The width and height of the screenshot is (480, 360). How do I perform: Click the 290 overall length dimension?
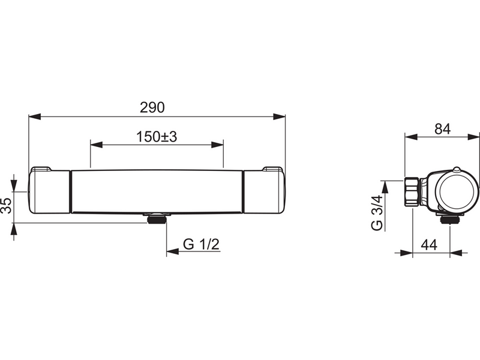[152, 107]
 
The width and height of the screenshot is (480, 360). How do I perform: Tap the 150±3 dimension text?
[157, 137]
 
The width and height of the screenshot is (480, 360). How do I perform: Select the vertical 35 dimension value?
[6, 205]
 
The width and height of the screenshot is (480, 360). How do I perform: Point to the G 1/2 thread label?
[202, 244]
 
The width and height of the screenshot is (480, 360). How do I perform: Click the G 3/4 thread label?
[377, 212]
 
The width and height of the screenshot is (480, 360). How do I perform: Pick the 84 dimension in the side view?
[443, 129]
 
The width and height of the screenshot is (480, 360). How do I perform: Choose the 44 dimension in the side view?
[429, 245]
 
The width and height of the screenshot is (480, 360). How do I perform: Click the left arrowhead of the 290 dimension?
[35, 116]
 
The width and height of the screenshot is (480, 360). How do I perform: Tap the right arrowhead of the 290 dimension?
[279, 116]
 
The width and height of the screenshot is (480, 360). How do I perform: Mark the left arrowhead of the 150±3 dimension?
[97, 145]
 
